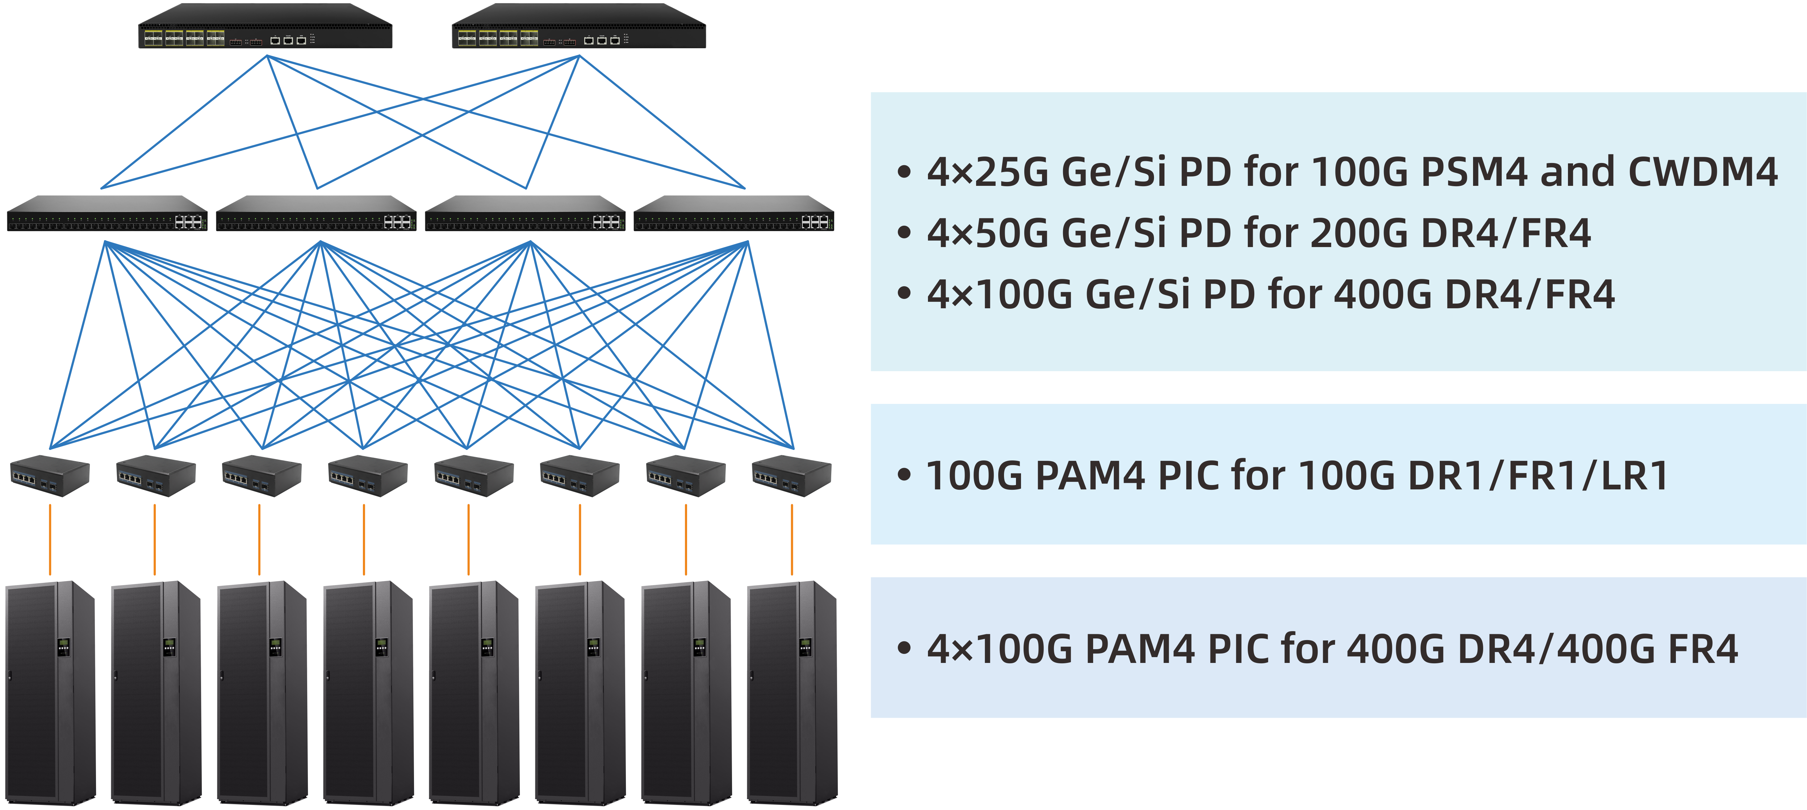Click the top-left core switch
[x=265, y=27]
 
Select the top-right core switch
[x=579, y=27]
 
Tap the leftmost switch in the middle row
[x=106, y=213]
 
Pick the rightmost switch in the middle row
[x=734, y=213]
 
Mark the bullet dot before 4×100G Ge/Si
[x=904, y=294]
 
